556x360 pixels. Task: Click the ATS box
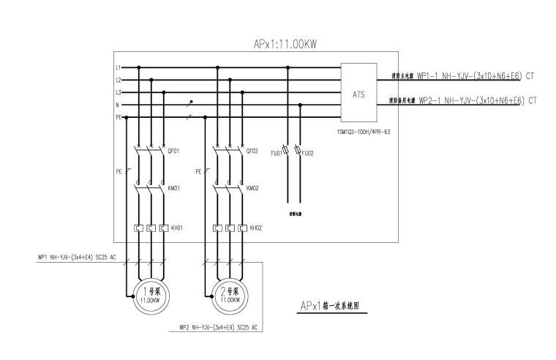[358, 93]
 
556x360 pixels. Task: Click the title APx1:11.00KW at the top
[285, 44]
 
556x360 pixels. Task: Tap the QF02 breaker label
[253, 151]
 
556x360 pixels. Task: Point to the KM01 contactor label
[174, 188]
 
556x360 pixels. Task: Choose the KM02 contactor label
[253, 188]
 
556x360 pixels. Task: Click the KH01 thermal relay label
[176, 228]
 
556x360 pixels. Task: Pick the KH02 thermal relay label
[255, 228]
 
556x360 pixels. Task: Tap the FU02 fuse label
[308, 154]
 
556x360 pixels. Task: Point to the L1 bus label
[119, 67]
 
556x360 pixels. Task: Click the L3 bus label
[119, 92]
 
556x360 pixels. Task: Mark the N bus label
[119, 105]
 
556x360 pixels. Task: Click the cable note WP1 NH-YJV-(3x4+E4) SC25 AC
[77, 258]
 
